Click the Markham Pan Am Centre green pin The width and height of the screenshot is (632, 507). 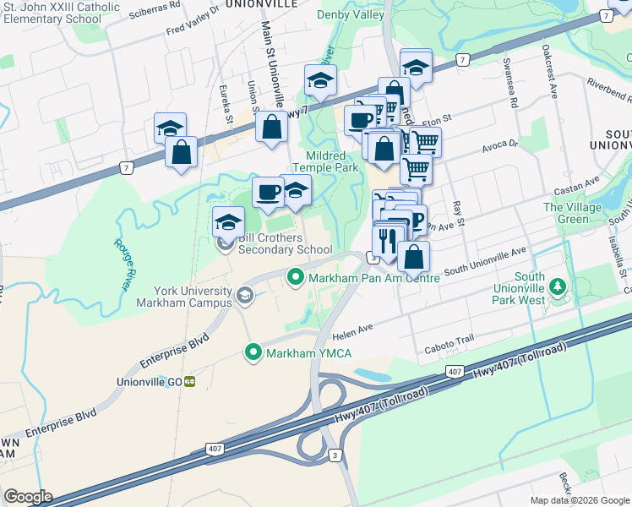pyautogui.click(x=296, y=276)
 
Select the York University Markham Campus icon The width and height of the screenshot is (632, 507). pyautogui.click(x=244, y=295)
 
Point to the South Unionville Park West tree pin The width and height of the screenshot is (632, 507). pyautogui.click(x=557, y=286)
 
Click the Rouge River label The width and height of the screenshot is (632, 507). pyautogui.click(x=123, y=264)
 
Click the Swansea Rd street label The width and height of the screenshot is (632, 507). pyautogui.click(x=511, y=84)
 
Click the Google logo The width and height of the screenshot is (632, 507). pyautogui.click(x=28, y=497)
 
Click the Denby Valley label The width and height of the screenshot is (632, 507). pyautogui.click(x=351, y=14)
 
